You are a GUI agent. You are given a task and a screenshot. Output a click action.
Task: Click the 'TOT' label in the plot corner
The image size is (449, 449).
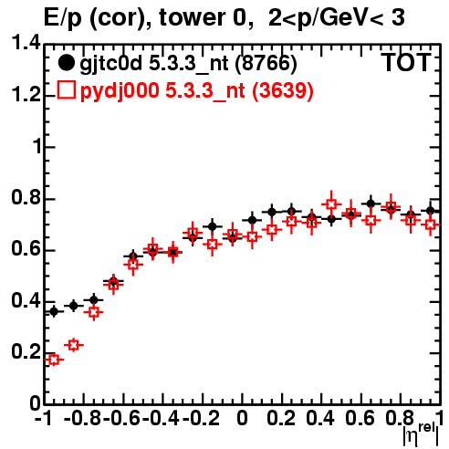click(x=406, y=63)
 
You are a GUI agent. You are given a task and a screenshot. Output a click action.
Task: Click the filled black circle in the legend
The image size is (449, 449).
click(x=66, y=63)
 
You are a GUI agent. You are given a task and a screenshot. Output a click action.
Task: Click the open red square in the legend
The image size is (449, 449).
click(x=66, y=89)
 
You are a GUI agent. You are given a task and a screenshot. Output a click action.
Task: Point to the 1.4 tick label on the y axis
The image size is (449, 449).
click(x=26, y=43)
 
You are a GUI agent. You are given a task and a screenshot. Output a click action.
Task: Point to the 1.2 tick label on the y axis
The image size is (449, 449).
click(x=26, y=95)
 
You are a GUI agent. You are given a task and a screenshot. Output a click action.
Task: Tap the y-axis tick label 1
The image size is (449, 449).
click(x=37, y=147)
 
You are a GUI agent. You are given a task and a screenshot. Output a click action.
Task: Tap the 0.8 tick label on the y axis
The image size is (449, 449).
click(x=26, y=198)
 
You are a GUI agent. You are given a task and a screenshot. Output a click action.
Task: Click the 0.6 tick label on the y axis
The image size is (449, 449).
click(x=26, y=249)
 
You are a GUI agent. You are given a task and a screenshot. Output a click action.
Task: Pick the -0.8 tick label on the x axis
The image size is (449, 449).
click(x=83, y=418)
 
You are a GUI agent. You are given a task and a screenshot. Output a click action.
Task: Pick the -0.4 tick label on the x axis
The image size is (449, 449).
click(x=162, y=418)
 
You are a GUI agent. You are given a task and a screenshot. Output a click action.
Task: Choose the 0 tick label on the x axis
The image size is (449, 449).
click(x=242, y=418)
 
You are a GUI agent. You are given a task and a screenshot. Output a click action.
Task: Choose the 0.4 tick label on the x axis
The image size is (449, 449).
click(x=320, y=418)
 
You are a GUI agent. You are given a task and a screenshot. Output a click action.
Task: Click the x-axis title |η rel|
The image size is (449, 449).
click(x=421, y=434)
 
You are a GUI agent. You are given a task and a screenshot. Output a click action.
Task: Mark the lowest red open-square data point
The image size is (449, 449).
click(x=54, y=360)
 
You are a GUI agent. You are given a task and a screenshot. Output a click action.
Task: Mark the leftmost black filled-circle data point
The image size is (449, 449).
click(x=54, y=311)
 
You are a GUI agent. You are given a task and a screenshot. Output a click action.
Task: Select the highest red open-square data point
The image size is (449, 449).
click(x=331, y=204)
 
